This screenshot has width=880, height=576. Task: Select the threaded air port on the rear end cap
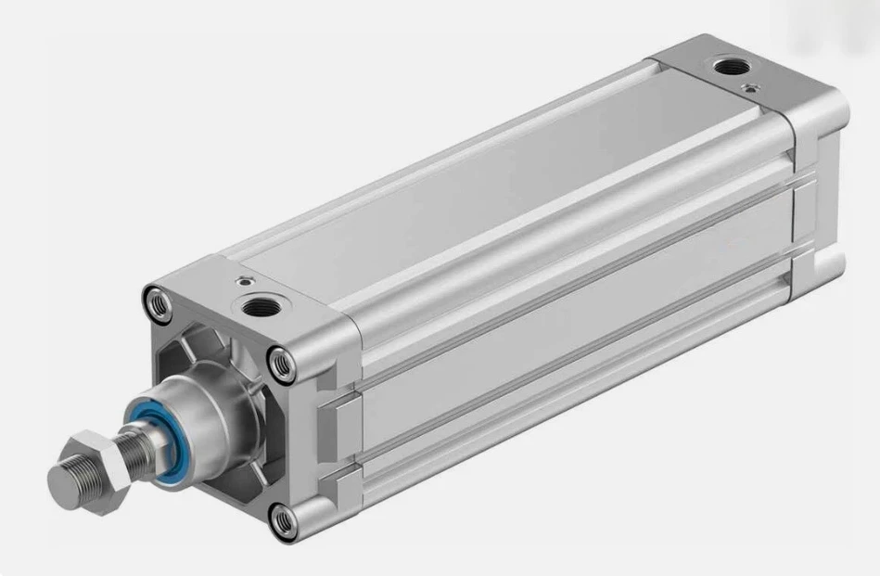(x=725, y=66)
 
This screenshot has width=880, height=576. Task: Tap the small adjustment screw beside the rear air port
(x=748, y=88)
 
